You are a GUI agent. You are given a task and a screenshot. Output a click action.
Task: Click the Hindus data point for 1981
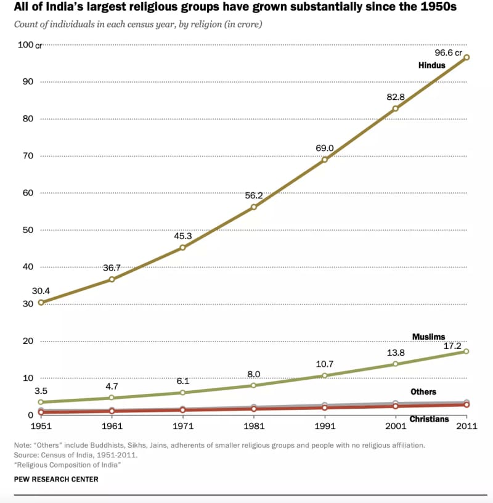coord(254,207)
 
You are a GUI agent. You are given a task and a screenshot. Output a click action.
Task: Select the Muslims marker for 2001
coord(396,364)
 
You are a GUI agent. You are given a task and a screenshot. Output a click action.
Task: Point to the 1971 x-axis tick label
coord(182,426)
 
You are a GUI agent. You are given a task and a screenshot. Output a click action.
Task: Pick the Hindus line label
coord(431,65)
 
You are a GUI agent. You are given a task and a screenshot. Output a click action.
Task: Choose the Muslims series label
coord(428,337)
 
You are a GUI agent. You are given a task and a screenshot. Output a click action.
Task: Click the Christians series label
coord(430,419)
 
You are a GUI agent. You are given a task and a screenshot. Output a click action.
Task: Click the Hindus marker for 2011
coord(467,57)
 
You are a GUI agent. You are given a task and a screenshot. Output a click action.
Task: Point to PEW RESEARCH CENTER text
coord(55,479)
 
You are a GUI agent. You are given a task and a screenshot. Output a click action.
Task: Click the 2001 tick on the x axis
coord(396,426)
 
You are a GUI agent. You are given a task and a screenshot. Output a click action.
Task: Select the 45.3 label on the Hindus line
coord(183,235)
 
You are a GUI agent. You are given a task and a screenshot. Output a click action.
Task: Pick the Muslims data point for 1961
coord(112,398)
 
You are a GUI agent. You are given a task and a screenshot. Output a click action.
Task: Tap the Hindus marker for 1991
coord(325,160)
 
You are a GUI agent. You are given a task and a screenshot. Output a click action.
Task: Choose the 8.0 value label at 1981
coord(254,374)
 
